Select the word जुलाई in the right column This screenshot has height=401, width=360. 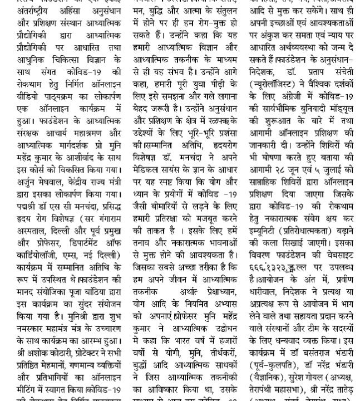click(x=337, y=157)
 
